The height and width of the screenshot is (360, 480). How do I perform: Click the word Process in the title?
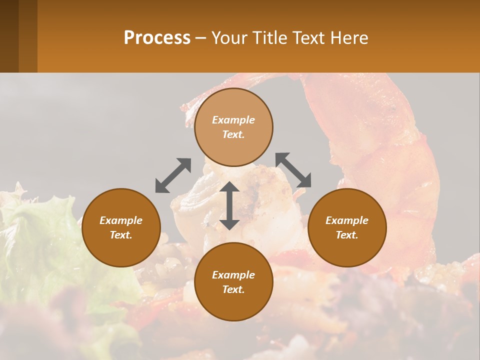(157, 38)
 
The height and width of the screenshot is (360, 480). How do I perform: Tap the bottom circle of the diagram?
(233, 305)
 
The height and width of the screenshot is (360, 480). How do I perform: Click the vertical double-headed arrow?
(229, 205)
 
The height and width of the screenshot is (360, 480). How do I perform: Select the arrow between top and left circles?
(173, 175)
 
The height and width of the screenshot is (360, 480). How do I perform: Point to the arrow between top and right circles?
(293, 170)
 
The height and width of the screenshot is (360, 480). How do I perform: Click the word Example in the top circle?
(233, 120)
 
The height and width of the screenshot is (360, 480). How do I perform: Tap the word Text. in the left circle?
(121, 235)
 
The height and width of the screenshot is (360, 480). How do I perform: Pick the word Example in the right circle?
(347, 220)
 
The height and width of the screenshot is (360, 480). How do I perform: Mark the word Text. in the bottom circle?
(233, 289)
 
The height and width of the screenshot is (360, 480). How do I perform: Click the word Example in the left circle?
(121, 220)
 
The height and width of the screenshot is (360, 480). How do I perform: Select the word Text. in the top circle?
(233, 134)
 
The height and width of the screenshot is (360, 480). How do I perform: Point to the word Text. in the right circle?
(347, 235)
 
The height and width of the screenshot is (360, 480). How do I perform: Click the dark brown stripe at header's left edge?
(9, 36)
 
